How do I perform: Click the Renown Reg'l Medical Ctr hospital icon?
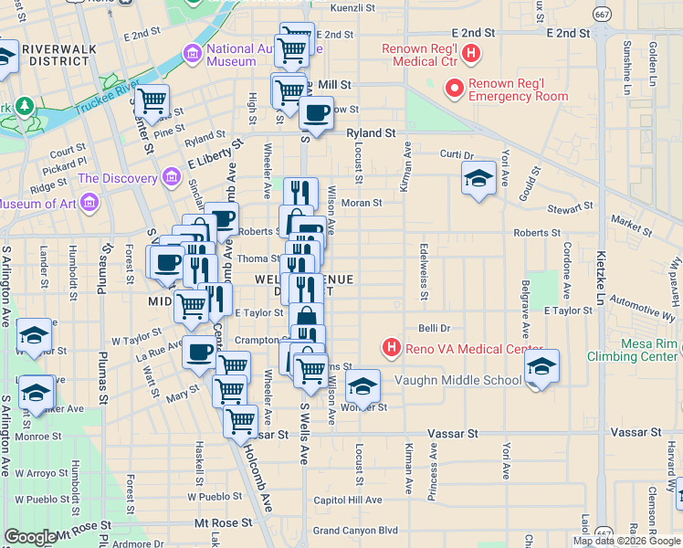tap(471, 54)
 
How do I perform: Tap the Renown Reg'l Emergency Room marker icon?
tap(454, 89)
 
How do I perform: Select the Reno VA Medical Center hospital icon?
tap(392, 348)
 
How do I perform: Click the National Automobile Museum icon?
tap(192, 54)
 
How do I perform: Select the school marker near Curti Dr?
tap(478, 178)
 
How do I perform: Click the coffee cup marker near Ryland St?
tap(316, 113)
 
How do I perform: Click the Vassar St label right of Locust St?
tap(448, 435)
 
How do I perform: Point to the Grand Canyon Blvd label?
tap(355, 530)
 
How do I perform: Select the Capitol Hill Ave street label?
tap(347, 500)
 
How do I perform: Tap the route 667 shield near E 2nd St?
tap(601, 14)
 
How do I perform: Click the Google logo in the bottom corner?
tap(29, 537)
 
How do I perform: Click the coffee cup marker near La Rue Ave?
tap(198, 351)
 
